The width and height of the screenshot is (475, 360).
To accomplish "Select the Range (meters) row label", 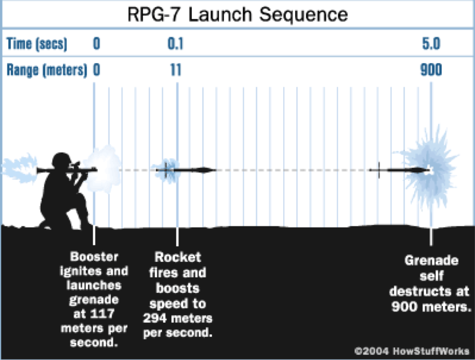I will point(47,71).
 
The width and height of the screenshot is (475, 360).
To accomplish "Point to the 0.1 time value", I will point(176,44).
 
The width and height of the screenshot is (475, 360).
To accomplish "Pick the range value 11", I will point(176,71).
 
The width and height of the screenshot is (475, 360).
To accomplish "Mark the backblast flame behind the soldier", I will point(17,169).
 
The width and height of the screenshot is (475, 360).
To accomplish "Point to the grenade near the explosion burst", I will point(402,170).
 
